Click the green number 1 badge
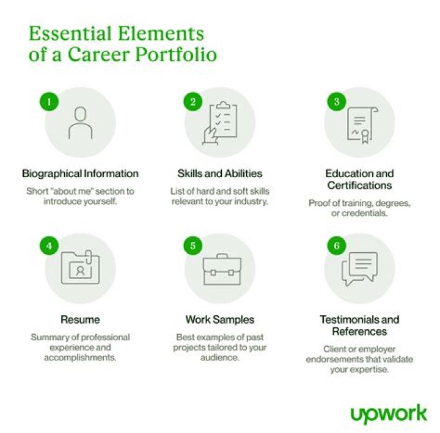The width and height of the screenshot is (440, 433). [49, 101]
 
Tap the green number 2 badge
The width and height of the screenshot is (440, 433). [193, 101]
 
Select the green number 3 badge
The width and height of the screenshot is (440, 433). [337, 101]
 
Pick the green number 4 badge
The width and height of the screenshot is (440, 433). [49, 246]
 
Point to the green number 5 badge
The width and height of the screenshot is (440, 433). [193, 246]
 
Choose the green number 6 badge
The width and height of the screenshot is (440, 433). [337, 246]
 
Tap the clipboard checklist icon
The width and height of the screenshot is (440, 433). [220, 123]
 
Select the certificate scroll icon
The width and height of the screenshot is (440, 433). [362, 125]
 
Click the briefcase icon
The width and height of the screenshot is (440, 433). [222, 270]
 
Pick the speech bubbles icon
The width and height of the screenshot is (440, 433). [359, 269]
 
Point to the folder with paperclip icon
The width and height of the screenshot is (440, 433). [81, 267]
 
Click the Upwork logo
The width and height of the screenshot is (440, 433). [389, 414]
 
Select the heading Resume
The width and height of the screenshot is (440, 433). [80, 319]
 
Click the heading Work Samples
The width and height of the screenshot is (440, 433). [220, 319]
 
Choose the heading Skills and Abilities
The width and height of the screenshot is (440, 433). [220, 173]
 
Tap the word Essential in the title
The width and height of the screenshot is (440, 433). [70, 34]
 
